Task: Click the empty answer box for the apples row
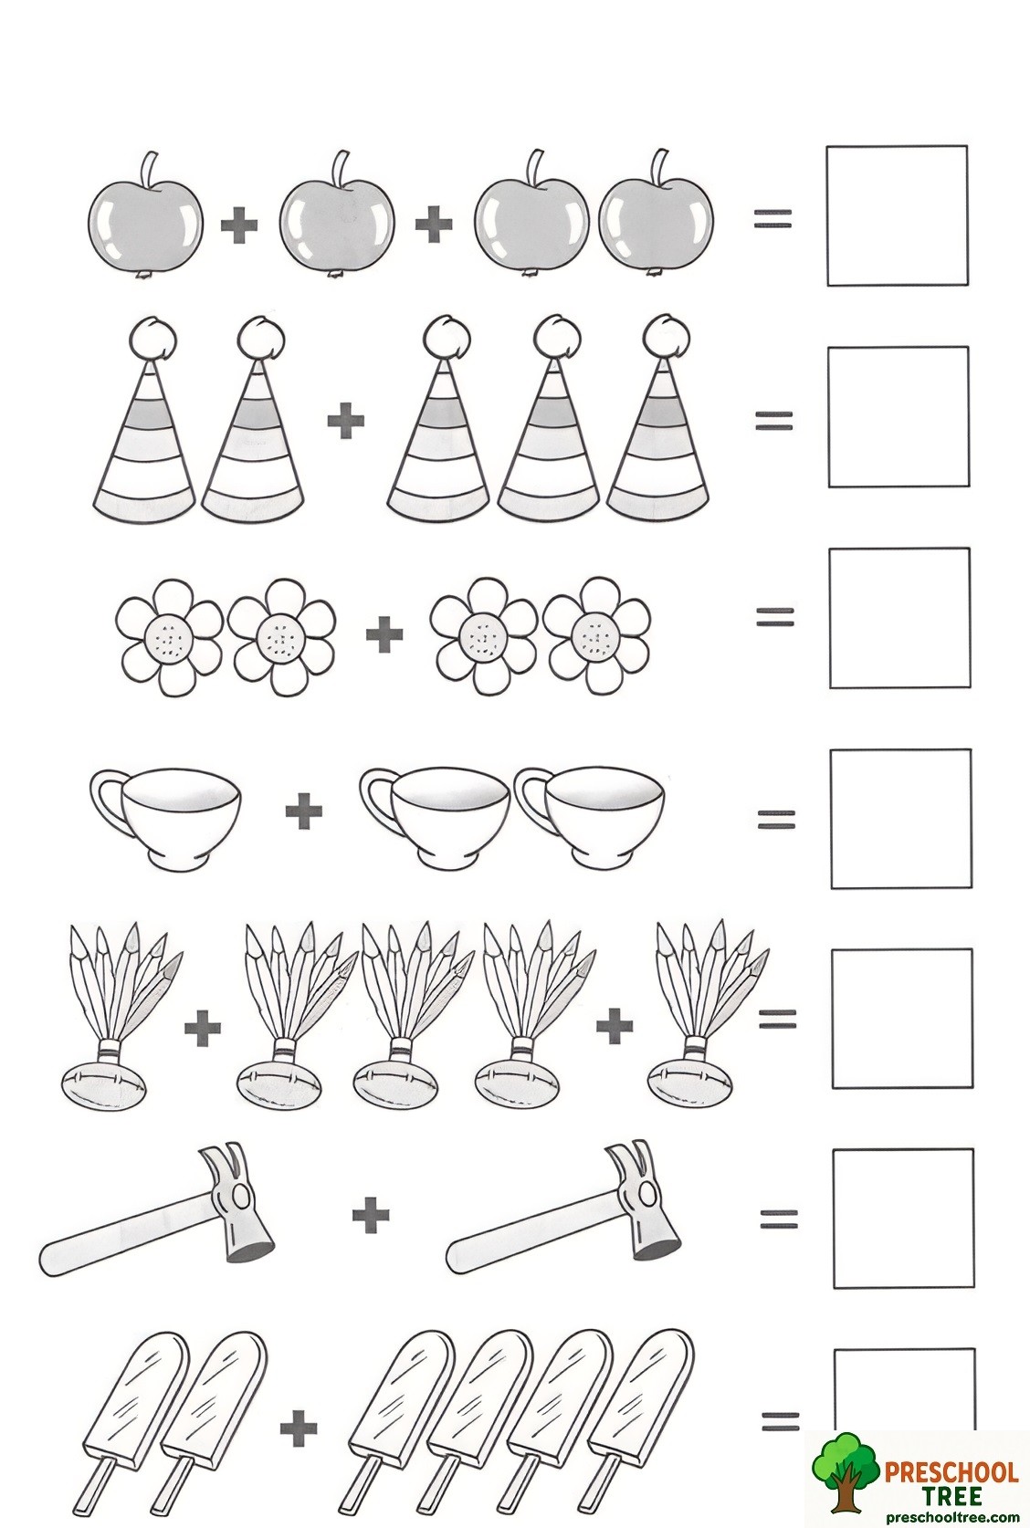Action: point(897,215)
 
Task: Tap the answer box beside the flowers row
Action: point(899,618)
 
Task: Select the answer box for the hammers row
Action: point(902,1218)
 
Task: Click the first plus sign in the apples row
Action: point(239,225)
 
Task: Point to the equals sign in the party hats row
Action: point(773,420)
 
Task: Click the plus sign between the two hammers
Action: point(371,1216)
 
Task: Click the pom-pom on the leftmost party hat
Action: point(149,340)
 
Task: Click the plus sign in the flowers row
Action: point(384,633)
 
